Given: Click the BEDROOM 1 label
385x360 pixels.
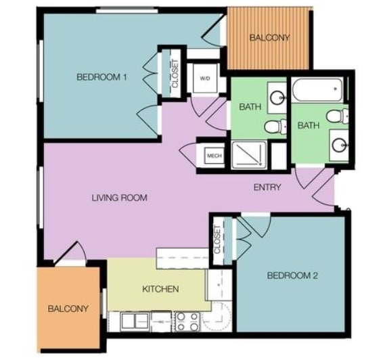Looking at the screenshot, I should [101, 77].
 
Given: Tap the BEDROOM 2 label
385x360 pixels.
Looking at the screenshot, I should [292, 275].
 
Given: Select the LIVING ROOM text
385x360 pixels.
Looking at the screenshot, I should [120, 198].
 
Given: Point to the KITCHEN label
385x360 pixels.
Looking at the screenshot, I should [160, 290].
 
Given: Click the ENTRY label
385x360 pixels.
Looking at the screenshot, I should [267, 187].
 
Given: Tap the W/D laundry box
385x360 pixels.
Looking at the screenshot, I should [205, 79].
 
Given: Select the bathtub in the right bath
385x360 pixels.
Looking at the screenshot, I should [317, 90].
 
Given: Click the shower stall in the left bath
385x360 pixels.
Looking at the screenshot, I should [250, 155].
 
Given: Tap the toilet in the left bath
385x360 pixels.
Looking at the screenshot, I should [272, 126].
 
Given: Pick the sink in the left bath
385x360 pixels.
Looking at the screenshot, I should [277, 98].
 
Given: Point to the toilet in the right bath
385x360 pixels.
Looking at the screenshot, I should [336, 116].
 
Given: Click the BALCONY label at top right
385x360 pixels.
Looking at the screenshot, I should [269, 37].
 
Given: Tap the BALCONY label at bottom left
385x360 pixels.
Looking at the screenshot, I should [68, 309].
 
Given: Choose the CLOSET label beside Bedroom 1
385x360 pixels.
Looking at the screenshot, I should [175, 74].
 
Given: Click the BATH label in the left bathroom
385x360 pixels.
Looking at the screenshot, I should [250, 106].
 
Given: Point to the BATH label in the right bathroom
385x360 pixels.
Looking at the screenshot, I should [309, 125].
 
